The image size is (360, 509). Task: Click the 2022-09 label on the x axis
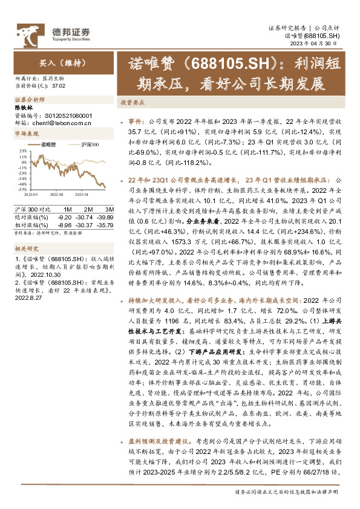57,195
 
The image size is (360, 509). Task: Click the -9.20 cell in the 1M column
64,216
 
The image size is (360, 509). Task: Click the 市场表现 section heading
25,132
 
